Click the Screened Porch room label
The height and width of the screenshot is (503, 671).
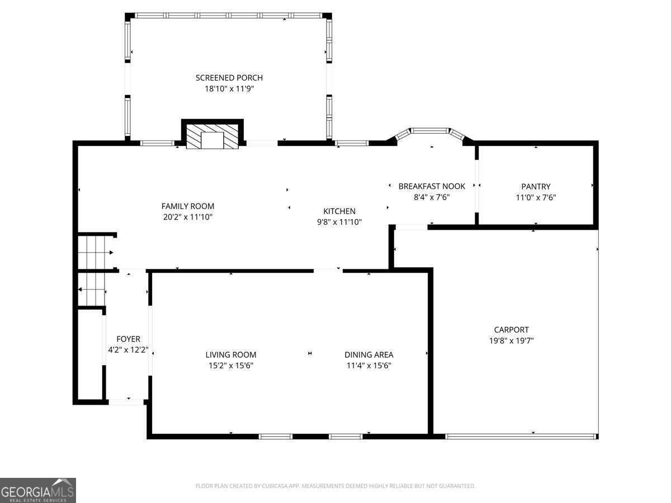[x=229, y=78]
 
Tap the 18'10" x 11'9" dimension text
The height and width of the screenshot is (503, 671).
[x=229, y=89]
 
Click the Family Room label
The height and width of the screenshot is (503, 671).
[x=188, y=206]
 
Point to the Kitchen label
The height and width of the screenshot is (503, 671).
[x=339, y=211]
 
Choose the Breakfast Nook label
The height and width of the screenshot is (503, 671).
[x=432, y=186]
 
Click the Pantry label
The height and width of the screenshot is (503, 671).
[x=536, y=187]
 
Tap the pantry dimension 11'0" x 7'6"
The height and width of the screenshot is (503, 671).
[x=536, y=197]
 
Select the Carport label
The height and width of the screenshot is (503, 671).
[x=511, y=330]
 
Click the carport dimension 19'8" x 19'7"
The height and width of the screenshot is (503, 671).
[x=511, y=341]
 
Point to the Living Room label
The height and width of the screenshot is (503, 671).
[x=230, y=354]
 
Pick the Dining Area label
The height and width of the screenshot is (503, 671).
[x=368, y=354]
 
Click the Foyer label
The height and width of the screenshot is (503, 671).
[x=128, y=339]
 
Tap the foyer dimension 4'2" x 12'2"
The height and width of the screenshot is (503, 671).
[x=128, y=350]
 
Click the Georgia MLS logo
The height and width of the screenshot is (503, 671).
[x=38, y=490]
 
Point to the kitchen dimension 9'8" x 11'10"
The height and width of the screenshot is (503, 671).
[x=339, y=222]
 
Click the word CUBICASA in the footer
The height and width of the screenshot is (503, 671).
[x=277, y=486]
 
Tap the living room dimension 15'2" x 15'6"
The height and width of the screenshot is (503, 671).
[x=230, y=366]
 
